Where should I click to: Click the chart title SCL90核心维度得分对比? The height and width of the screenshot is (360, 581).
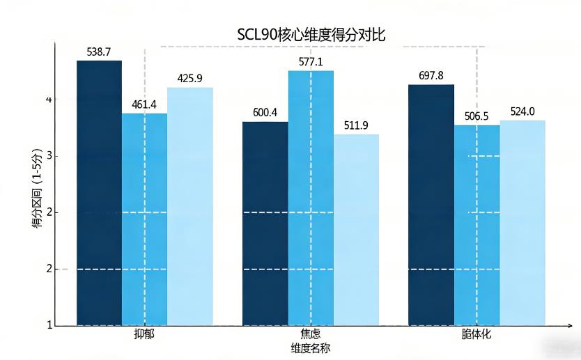pos(311,35)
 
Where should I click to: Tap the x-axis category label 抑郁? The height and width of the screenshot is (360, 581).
pos(144,335)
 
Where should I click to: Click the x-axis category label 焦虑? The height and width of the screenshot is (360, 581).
pos(311,335)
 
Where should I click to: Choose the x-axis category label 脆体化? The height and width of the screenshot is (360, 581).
pos(477,335)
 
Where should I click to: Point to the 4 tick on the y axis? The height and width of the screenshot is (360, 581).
pos(48,100)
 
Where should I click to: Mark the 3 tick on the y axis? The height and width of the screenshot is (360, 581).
pos(48,157)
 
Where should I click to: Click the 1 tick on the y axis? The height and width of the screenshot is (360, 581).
pos(48,325)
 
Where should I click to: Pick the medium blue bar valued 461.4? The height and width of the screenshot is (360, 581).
pos(144,219)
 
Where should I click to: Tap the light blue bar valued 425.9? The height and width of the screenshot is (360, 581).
pos(190,206)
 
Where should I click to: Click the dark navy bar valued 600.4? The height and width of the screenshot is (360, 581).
pos(265,224)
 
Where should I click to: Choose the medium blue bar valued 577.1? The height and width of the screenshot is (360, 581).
pos(311,198)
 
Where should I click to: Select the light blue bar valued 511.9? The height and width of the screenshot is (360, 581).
pos(356,230)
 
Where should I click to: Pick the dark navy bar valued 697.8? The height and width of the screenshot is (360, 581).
pos(431,205)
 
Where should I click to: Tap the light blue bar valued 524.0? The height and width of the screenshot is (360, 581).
pos(522,223)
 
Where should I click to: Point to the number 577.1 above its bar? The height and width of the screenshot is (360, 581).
pos(311,62)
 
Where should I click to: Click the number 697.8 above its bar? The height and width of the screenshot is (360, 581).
pos(431,75)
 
